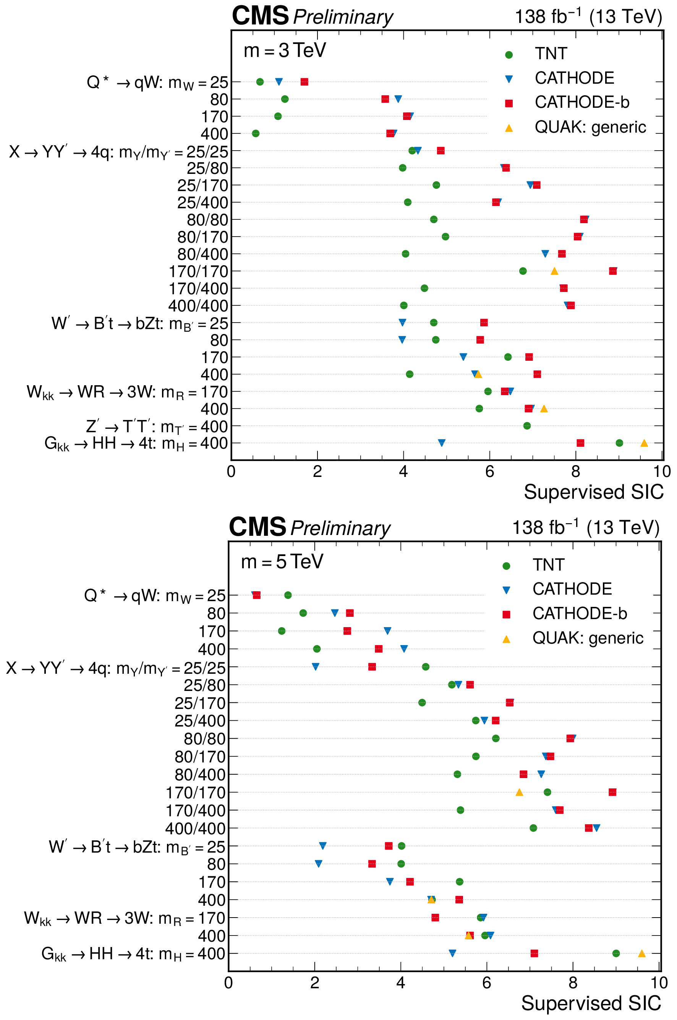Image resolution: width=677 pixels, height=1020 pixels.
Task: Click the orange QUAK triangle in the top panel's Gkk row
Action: (644, 443)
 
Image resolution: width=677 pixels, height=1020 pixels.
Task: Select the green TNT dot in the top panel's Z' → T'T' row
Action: (527, 426)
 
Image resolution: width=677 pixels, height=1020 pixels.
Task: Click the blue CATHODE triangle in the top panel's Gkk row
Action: (442, 443)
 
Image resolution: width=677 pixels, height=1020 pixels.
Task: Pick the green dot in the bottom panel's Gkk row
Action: (616, 954)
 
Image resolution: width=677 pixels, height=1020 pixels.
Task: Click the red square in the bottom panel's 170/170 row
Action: (612, 792)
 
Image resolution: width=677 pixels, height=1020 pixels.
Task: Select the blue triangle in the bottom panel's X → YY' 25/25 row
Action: (316, 667)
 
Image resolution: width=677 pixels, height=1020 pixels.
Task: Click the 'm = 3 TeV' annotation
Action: (285, 50)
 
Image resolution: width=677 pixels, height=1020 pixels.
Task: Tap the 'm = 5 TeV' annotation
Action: (282, 562)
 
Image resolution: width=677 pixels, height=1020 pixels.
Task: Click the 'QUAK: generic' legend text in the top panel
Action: (590, 127)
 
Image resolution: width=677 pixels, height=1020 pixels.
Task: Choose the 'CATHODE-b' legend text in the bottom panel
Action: (580, 614)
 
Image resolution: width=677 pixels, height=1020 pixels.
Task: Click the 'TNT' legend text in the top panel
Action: (551, 54)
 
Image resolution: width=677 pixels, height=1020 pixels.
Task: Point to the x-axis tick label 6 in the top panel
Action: (490, 472)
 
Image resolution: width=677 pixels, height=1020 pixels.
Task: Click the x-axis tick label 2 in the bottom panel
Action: (315, 983)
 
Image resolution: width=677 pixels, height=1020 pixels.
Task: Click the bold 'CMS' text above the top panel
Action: (260, 16)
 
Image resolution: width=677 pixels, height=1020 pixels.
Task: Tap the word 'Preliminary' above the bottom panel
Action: (340, 528)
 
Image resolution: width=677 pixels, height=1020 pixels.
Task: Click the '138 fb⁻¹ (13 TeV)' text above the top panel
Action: (588, 17)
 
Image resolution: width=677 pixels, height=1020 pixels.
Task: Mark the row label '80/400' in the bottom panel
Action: (200, 775)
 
